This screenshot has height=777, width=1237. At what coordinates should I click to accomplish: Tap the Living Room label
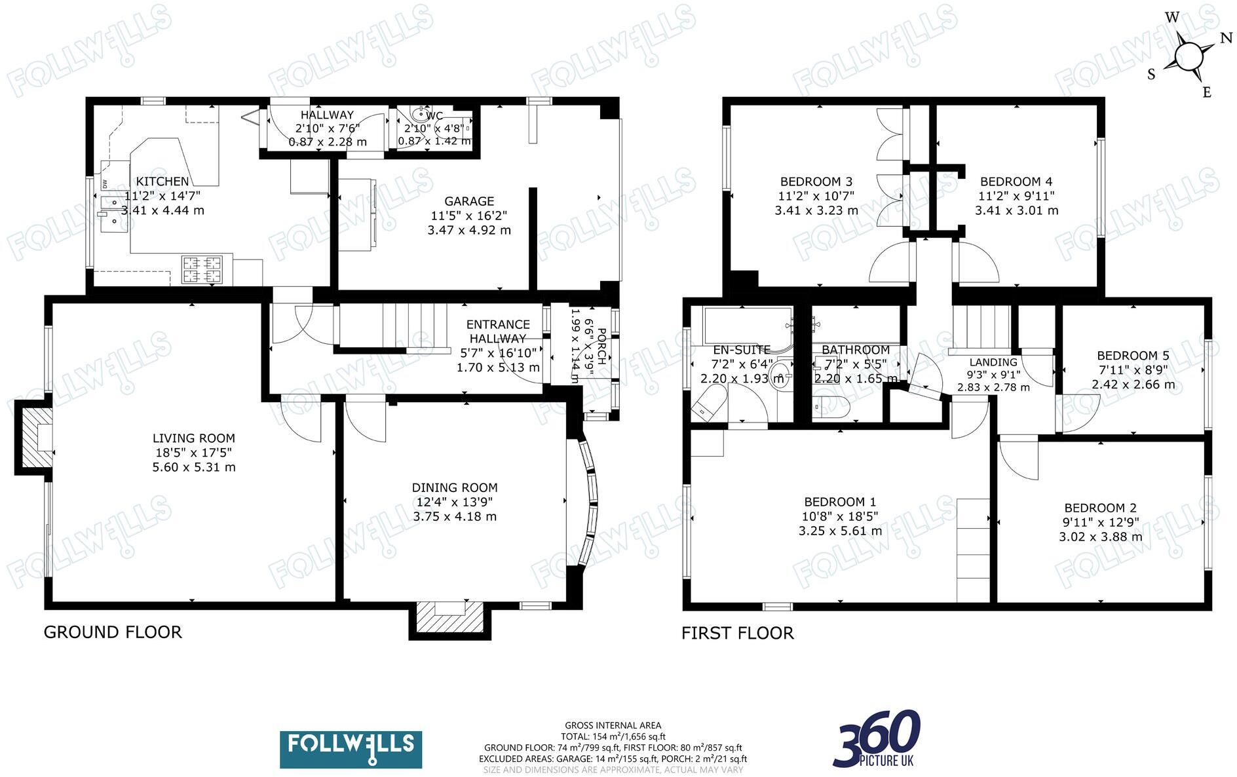[193, 438]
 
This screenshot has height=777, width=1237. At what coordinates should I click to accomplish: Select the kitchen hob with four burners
[202, 270]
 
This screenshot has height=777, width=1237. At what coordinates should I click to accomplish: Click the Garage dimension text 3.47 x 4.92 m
[468, 230]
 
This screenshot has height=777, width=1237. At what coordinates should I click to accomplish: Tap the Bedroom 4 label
[1016, 181]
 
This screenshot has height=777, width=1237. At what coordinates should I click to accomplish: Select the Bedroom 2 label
[1100, 508]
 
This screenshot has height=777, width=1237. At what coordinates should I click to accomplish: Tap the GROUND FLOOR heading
[113, 632]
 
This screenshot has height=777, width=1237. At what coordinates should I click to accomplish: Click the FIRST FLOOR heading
[737, 633]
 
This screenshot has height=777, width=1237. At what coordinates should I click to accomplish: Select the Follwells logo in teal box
[351, 749]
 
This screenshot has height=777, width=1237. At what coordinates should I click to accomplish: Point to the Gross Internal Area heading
[613, 725]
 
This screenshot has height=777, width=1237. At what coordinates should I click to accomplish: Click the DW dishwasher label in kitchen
[104, 183]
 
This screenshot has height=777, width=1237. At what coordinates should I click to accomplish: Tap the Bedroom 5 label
[1133, 356]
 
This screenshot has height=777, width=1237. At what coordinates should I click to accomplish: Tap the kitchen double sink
[113, 218]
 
